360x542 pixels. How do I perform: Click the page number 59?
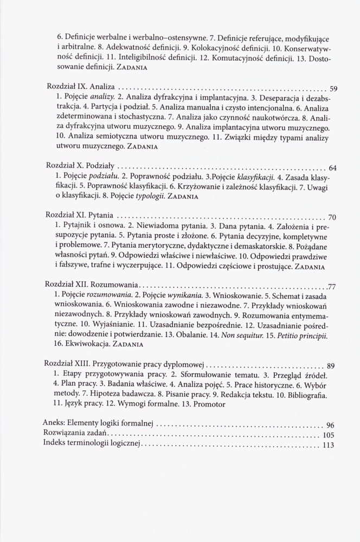pyautogui.click(x=334, y=88)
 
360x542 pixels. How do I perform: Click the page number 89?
pyautogui.click(x=332, y=365)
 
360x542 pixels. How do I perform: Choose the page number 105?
pyautogui.click(x=329, y=435)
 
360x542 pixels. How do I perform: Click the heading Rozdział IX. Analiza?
pyautogui.click(x=81, y=87)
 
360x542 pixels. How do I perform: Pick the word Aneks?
pyautogui.click(x=54, y=423)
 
